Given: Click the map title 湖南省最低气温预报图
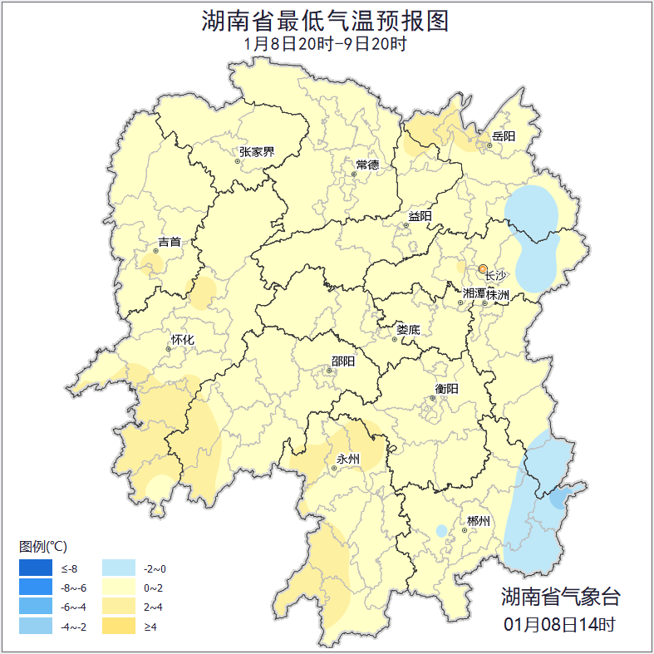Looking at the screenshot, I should point(326,21).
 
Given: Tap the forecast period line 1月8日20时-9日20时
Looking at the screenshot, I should point(326,44).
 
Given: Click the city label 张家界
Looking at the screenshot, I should point(257,152).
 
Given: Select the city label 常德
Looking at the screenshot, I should point(367,165).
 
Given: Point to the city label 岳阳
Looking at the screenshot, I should point(504,135).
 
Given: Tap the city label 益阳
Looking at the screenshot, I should point(420,217).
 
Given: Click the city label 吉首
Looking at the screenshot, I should point(170,242).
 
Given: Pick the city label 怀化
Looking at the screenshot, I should point(183,340).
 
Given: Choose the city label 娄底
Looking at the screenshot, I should point(408,330).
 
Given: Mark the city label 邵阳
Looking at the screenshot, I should point(343,361).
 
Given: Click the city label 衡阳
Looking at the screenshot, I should point(446,388).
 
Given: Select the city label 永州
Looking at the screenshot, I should point(347,459).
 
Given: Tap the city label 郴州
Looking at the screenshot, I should point(479,521).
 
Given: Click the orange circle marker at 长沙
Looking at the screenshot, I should point(483,268).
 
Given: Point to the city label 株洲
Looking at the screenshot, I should point(498,294).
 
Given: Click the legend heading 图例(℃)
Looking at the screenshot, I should point(43,546).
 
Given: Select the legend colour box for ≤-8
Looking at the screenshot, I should point(36,568).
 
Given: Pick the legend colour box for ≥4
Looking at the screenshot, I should point(118,626).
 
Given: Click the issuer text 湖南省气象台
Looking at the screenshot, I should point(560,597).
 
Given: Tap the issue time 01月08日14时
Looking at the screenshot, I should point(560,623).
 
